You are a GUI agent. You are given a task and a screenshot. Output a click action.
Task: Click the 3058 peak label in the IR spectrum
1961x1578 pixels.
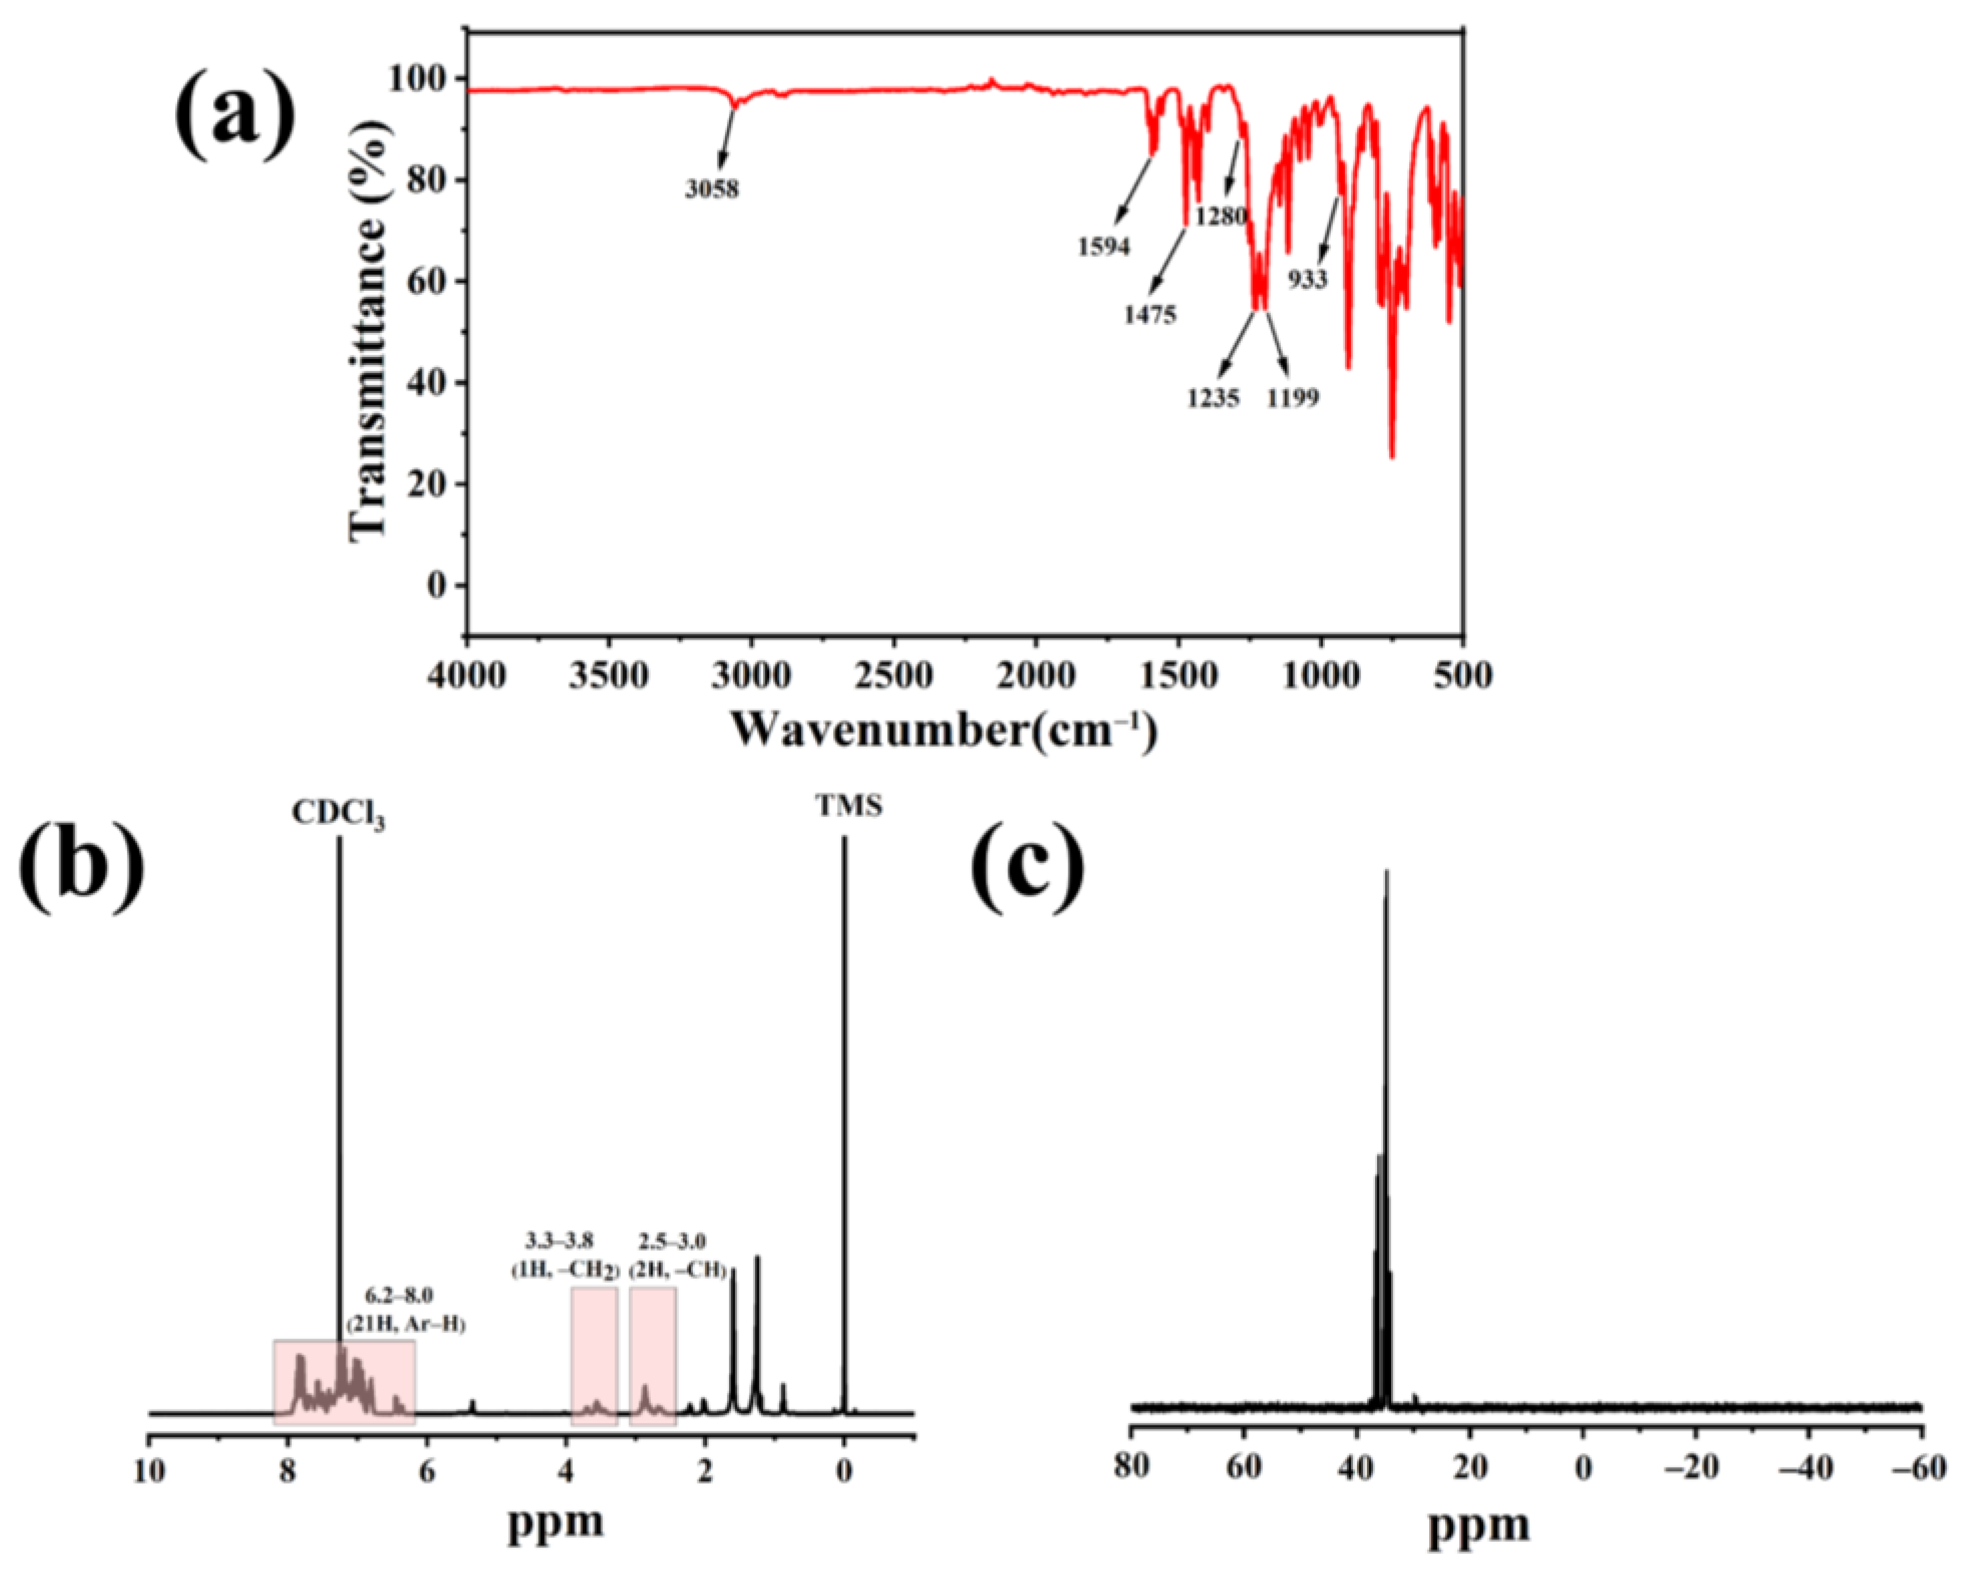pyautogui.click(x=712, y=189)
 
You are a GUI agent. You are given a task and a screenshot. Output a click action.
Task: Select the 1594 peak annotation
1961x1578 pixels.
pyautogui.click(x=1104, y=246)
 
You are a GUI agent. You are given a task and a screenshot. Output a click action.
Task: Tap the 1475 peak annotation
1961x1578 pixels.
pyautogui.click(x=1151, y=315)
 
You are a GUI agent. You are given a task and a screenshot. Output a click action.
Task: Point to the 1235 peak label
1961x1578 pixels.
pyautogui.click(x=1213, y=398)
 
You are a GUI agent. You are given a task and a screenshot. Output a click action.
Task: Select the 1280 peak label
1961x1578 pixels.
pyautogui.click(x=1221, y=217)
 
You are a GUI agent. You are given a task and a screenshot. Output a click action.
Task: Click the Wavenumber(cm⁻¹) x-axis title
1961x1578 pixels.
pyautogui.click(x=943, y=730)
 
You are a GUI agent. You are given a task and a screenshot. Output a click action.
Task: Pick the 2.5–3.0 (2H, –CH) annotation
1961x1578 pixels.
pyautogui.click(x=677, y=1255)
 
